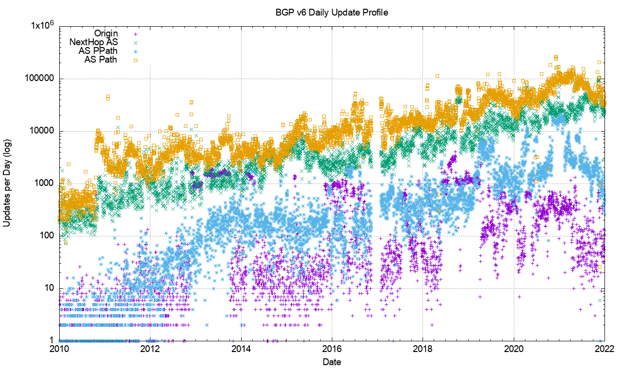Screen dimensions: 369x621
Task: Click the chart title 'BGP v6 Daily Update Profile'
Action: pos(332,13)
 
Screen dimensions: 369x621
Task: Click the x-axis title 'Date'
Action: pos(332,362)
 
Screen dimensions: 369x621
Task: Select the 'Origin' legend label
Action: pos(106,34)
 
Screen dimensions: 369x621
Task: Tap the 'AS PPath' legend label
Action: pos(98,51)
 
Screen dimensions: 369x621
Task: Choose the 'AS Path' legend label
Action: pos(101,60)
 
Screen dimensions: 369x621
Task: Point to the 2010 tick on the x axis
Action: pos(59,349)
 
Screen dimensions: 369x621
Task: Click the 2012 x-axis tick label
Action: pos(150,349)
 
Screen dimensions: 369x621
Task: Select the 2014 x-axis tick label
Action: pos(241,349)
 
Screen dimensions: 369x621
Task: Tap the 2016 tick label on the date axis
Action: pos(332,349)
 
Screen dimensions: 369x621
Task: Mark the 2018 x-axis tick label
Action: pos(423,349)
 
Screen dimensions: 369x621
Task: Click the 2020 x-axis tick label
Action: pos(514,349)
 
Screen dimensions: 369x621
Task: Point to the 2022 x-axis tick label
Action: pos(605,349)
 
